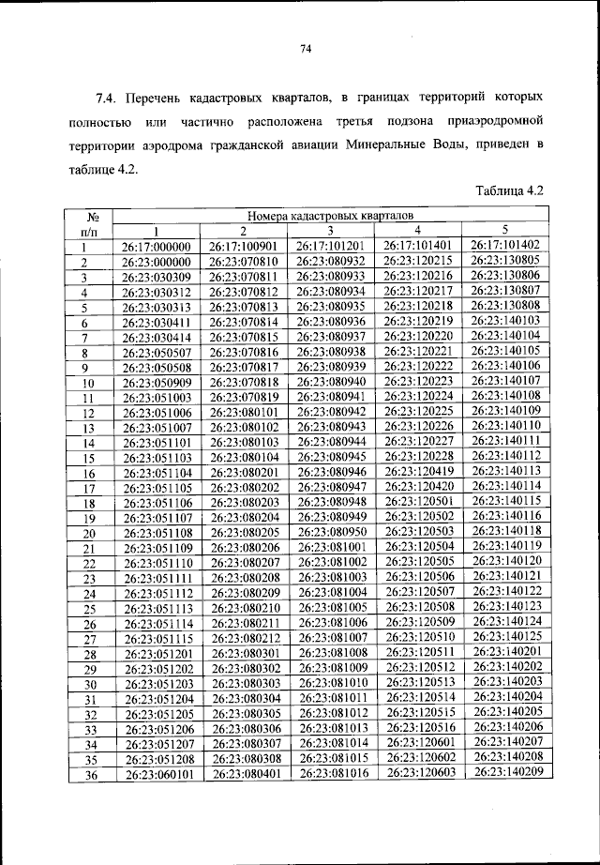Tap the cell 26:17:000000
tap(157, 247)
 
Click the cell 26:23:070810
tap(244, 262)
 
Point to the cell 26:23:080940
tap(331, 383)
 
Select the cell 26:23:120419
tap(418, 472)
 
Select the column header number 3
tap(331, 231)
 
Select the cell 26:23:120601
tap(419, 743)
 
